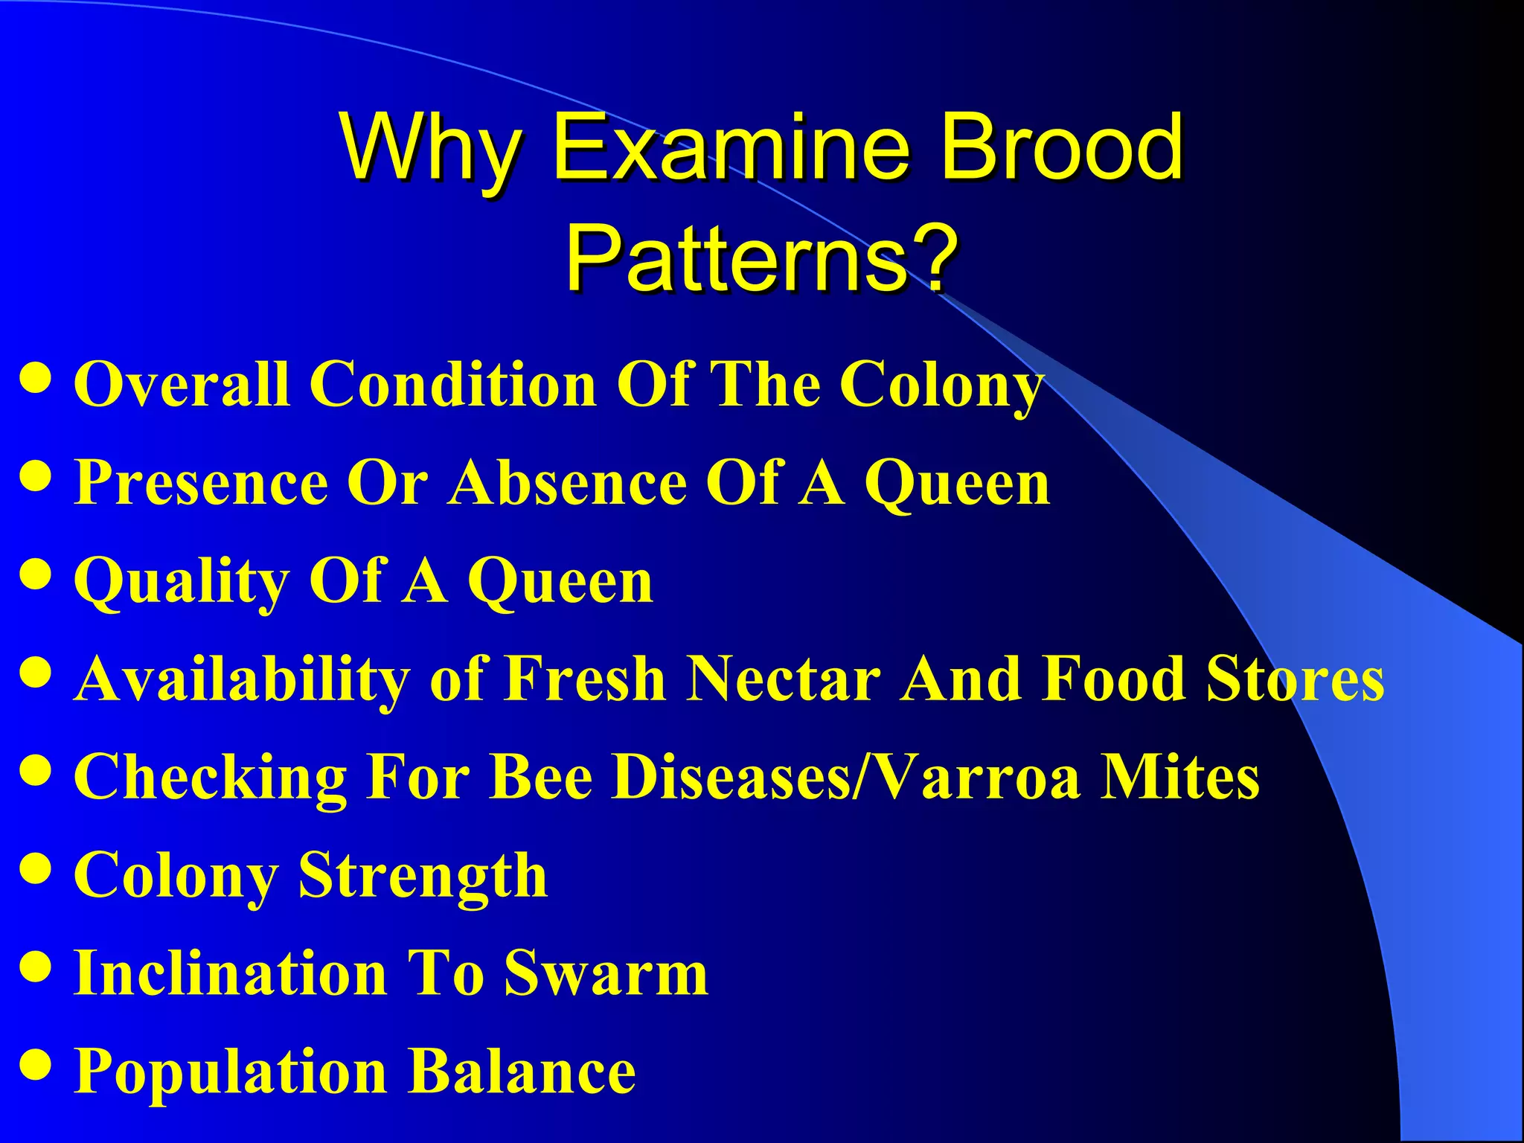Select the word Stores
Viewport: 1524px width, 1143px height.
pyautogui.click(x=1295, y=678)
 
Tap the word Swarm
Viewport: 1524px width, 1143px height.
pyautogui.click(x=606, y=973)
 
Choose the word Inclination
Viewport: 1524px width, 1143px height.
pyautogui.click(x=231, y=973)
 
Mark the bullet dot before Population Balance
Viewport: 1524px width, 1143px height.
pyautogui.click(x=36, y=1065)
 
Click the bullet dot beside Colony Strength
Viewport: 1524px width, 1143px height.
pyautogui.click(x=36, y=868)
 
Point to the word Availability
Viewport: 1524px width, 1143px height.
pyautogui.click(x=242, y=679)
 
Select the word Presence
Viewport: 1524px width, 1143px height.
pyautogui.click(x=201, y=482)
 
